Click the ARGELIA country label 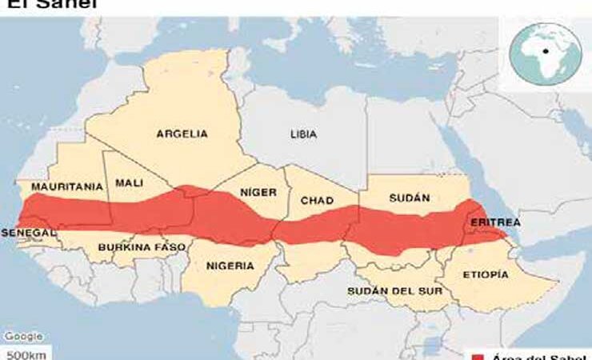coord(182,134)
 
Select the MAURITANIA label coord(67,187)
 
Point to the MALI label coord(129,183)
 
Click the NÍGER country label coord(258,193)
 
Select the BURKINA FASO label coord(142,247)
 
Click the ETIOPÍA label coord(486,274)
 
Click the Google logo coord(22,337)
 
